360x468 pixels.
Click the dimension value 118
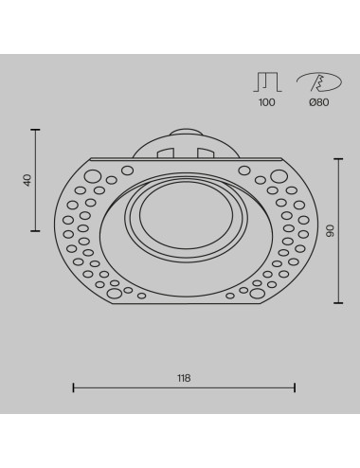tap(184, 378)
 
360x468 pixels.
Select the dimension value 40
tap(27, 179)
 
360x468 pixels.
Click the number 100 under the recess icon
tap(266, 102)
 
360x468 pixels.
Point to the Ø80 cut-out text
tap(316, 102)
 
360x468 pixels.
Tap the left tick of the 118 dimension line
tap(74, 387)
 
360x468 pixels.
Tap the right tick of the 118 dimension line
tap(295, 387)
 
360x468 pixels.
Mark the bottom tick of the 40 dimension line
tap(37, 231)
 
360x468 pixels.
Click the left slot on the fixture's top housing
tap(162, 151)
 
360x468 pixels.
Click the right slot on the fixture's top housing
tap(206, 151)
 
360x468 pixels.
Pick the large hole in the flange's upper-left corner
tap(93, 176)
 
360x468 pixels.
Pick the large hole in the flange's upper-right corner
tap(276, 176)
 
